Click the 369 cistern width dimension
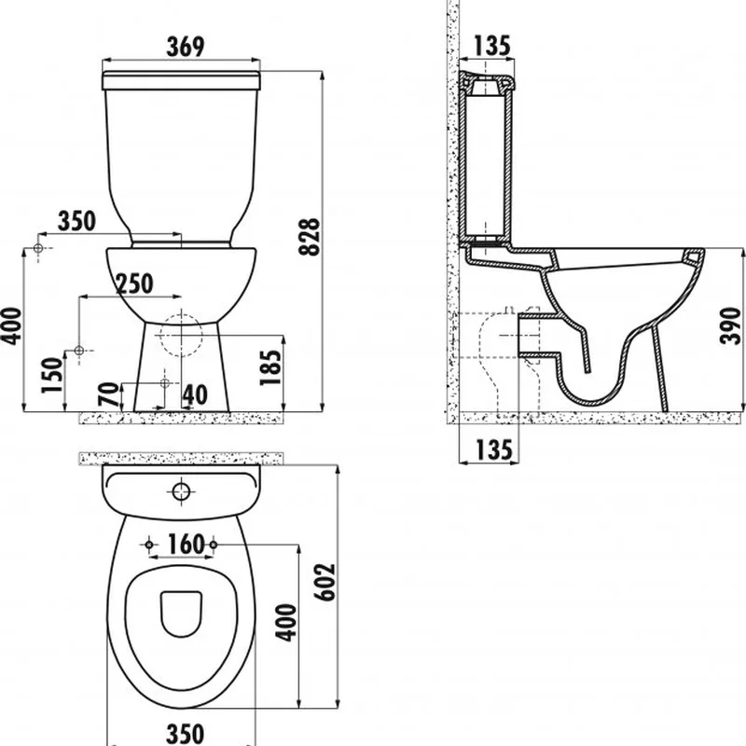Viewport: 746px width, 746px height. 186,47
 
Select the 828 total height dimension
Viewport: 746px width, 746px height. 310,237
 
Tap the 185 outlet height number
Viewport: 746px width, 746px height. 270,367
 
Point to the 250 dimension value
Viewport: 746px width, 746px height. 134,283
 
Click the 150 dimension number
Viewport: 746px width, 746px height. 52,376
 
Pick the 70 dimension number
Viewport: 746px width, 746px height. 108,394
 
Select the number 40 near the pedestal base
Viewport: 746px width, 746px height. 195,394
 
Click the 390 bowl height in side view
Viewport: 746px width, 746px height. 730,325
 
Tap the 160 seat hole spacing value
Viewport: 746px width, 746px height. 186,544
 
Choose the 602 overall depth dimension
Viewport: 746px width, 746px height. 325,582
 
